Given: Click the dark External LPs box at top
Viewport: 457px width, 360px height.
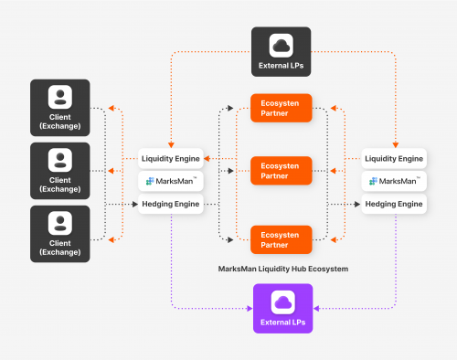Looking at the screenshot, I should point(281,51).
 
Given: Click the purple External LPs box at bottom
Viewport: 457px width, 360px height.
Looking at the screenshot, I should point(281,309).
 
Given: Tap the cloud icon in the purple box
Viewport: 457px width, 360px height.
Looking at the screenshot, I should point(281,302).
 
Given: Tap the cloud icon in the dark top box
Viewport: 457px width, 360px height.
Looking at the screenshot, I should point(281,44).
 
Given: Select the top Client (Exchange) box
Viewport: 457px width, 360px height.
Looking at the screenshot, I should point(60,107).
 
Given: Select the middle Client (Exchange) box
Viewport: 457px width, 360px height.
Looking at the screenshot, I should point(60,170).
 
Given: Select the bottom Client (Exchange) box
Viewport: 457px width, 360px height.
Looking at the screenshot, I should point(60,233).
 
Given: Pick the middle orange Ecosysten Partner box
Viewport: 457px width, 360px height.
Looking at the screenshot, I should point(281,171).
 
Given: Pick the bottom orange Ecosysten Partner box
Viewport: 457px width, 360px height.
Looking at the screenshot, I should point(281,238).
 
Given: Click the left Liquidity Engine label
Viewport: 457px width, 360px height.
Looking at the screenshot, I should point(170,159).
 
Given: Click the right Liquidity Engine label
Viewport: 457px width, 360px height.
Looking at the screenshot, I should point(395,159).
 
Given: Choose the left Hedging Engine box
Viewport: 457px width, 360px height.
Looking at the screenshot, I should point(170,204).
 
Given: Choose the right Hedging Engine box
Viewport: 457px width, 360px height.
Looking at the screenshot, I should point(395,204).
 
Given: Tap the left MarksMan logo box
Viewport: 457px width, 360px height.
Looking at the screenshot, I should point(170,182).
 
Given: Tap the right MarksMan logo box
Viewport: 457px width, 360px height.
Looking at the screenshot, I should point(395,182).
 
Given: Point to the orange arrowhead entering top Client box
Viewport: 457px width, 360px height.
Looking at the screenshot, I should point(110,109).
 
